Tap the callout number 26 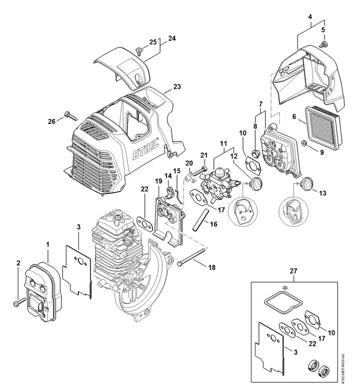51,121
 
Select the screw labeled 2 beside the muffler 19,301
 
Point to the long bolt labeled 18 192,256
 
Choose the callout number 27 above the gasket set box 293,271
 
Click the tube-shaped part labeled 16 200,220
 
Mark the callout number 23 177,87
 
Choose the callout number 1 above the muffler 47,244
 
